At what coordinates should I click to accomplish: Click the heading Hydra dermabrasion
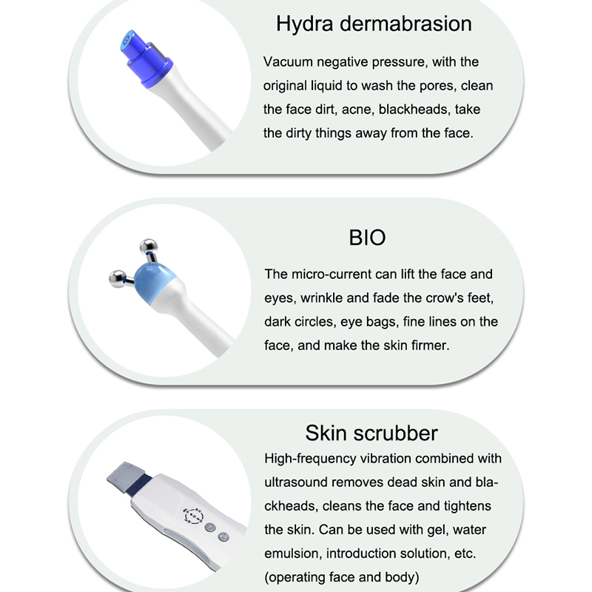[x=374, y=24]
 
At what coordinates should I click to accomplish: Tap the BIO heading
[x=367, y=238]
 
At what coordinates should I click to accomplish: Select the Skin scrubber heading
[x=371, y=433]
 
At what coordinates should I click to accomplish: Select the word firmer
[x=429, y=346]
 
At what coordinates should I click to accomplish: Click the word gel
[x=435, y=530]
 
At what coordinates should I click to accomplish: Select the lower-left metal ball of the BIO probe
[x=117, y=279]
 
